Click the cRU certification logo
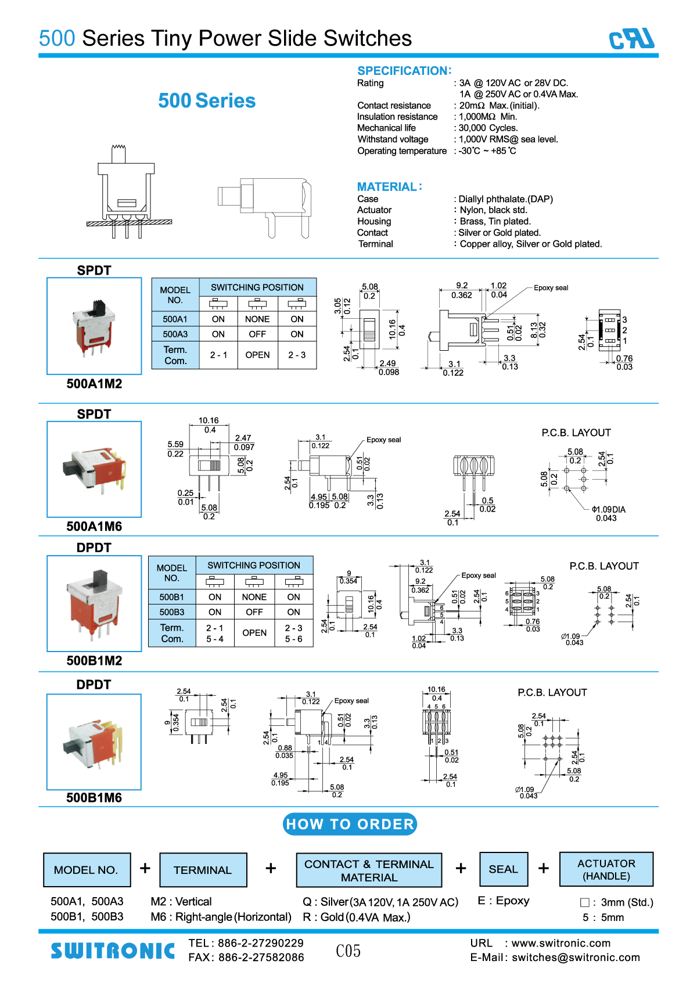631,39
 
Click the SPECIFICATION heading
404,71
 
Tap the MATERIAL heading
389,186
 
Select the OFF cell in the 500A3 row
257,334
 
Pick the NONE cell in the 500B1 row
254,597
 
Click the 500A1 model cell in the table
175,319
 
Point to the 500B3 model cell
172,612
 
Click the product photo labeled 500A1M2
94,326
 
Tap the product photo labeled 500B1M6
94,742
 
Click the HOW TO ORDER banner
350,824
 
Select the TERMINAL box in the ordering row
203,870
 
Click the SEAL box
503,869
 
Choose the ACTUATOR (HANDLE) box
606,869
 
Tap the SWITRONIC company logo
113,951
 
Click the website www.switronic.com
561,943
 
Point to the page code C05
348,951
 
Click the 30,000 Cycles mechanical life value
488,128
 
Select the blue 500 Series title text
207,101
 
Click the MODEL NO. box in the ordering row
87,870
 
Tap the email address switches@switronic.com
576,958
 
